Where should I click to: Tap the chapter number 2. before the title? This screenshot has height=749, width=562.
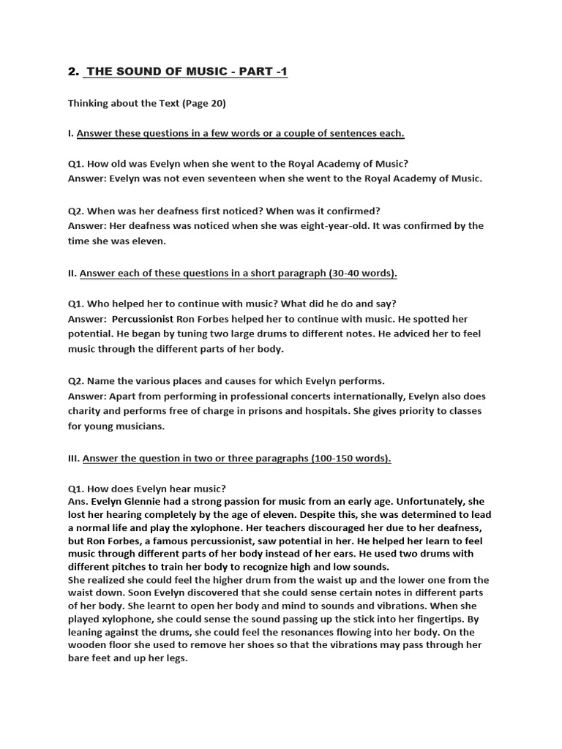(72, 71)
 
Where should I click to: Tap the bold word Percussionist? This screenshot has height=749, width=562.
(143, 320)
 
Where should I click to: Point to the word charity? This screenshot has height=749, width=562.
(84, 411)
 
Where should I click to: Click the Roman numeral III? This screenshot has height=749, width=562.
(73, 459)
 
